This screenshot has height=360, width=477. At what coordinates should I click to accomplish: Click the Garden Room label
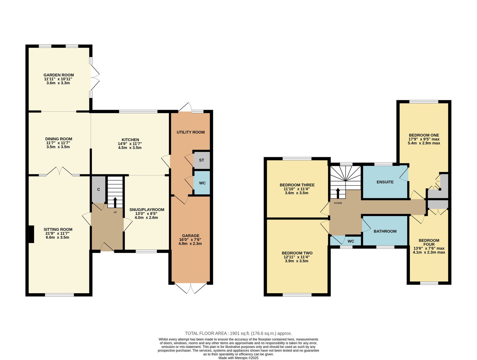coord(59,75)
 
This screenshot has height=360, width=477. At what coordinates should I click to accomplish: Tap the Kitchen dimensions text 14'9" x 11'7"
coord(130,144)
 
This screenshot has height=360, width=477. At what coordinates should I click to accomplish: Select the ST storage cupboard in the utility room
coord(202,160)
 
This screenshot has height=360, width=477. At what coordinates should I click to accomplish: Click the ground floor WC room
coord(202,183)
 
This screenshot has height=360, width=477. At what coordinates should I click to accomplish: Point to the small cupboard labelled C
coord(98,189)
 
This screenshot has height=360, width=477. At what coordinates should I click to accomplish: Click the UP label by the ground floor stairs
coord(115,212)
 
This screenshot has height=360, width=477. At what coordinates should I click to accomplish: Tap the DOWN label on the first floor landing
coord(338,203)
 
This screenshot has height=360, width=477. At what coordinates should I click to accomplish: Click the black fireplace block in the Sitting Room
coord(32,234)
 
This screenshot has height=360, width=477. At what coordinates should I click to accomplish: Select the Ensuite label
coord(385,182)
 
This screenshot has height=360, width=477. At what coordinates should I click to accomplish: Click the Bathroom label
coord(385,231)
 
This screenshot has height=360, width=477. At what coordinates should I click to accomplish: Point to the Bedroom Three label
coord(297,185)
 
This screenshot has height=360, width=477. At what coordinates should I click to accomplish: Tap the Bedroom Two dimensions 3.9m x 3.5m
coord(297,261)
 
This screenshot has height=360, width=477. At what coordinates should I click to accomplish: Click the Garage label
coord(191,236)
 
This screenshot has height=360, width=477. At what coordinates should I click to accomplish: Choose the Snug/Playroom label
coord(147,210)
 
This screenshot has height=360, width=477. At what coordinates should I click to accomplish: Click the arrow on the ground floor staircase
coord(115,202)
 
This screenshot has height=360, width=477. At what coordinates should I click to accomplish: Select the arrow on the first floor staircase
coord(338,193)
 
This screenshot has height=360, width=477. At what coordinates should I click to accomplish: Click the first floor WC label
coord(351,241)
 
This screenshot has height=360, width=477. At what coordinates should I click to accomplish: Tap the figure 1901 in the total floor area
coord(235,333)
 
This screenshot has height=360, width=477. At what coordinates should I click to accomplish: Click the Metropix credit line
coord(238,358)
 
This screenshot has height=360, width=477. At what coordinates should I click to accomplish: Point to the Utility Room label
coord(191,132)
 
